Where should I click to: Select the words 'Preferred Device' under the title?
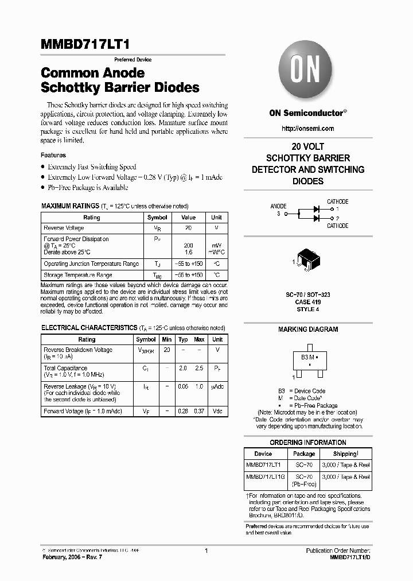pos(133,60)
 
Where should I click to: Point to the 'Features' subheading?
pos(53,155)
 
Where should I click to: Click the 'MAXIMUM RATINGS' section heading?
pos(70,206)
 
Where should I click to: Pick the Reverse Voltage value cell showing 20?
pos(188,228)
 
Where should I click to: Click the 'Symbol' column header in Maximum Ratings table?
pos(157,218)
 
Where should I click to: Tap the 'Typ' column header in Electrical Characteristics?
pos(182,339)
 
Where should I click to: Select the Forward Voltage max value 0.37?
pos(199,411)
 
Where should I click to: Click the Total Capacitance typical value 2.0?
pos(182,368)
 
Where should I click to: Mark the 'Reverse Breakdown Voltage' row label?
pos(78,350)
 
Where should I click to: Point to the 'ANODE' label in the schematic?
pos(279,206)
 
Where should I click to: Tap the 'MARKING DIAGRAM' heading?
pos(308,330)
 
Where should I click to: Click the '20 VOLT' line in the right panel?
pos(308,146)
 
